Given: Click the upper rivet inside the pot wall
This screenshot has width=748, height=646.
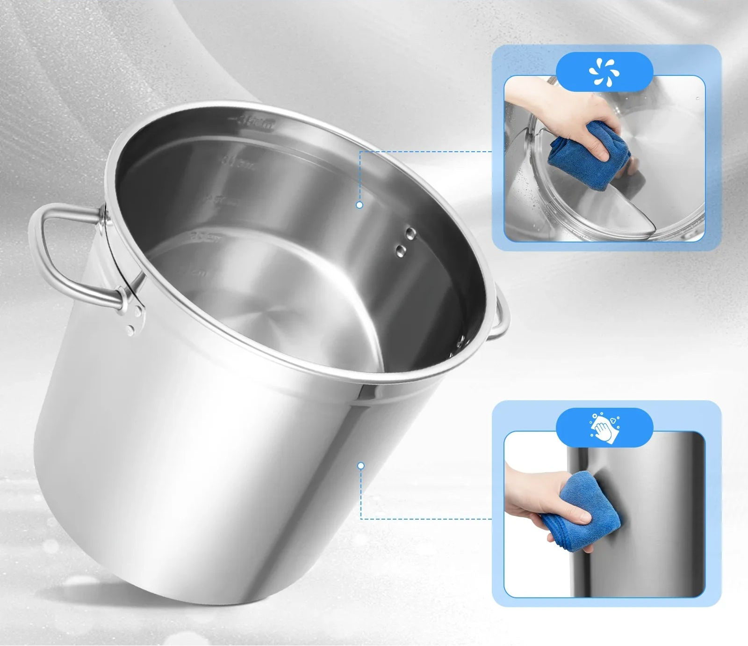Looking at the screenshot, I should tap(410, 233).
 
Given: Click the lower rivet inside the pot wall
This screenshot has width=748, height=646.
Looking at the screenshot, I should tap(401, 251).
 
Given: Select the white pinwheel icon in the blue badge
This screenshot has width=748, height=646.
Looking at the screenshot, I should tap(604, 72).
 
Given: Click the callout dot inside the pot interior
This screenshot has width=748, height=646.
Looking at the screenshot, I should tap(359, 205).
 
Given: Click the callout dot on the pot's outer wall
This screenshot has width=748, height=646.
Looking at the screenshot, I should tap(360, 466).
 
